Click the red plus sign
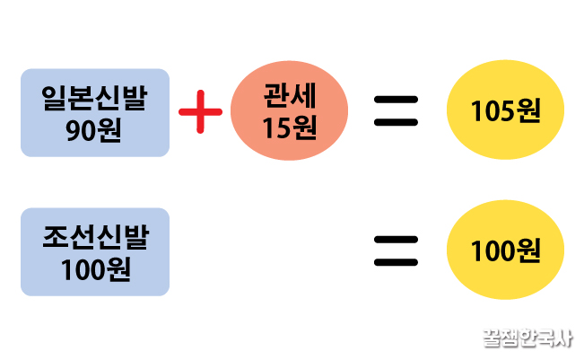[200, 113]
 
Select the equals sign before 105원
[396, 112]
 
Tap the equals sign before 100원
[396, 250]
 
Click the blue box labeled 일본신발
[95, 113]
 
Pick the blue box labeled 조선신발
[95, 251]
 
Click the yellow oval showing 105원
[505, 112]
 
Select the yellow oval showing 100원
[505, 250]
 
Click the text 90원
[95, 129]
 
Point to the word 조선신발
[95, 236]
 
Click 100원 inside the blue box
[95, 268]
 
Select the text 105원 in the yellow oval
[505, 112]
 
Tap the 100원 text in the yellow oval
[505, 250]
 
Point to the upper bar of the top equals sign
[396, 100]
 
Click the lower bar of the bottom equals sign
[396, 263]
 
